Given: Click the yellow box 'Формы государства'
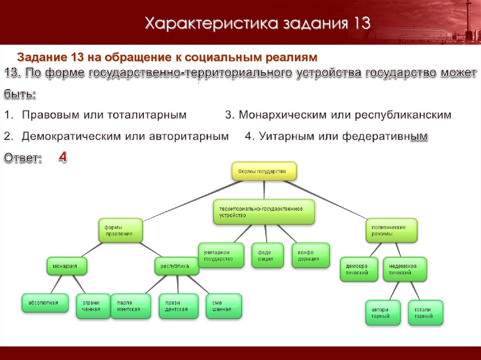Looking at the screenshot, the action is [265, 172].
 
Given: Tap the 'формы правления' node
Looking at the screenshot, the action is [120, 230].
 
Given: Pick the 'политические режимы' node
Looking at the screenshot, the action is [391, 230].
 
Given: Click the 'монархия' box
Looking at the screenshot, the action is [68, 266].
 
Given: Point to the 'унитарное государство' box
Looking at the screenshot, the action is [221, 255].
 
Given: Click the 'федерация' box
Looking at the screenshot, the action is [267, 255].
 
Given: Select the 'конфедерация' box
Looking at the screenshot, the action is [310, 255].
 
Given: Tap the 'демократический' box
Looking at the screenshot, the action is [359, 269].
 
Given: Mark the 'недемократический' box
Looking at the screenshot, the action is [405, 269].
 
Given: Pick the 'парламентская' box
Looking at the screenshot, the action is [131, 306].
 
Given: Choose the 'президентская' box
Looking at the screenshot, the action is [178, 306].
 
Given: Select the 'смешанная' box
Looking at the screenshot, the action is [224, 306].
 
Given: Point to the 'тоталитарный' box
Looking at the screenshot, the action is [426, 313].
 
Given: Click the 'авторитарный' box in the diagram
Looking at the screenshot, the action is [383, 313].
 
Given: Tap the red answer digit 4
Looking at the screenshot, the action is [62, 158].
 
